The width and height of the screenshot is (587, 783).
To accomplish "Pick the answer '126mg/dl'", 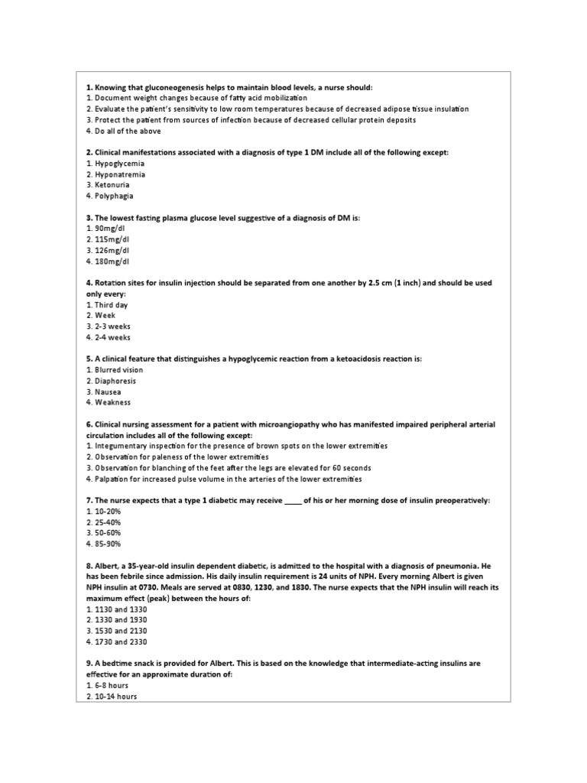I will [111, 250].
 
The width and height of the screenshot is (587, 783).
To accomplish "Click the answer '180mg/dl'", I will [111, 261].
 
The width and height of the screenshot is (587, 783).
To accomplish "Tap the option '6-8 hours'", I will [110, 685].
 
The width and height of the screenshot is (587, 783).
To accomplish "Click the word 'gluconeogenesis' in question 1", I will [164, 87].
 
